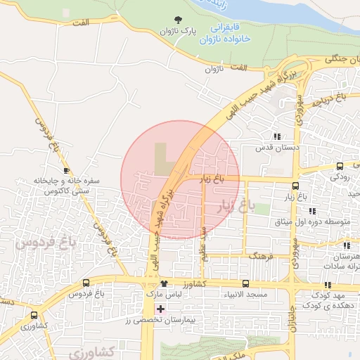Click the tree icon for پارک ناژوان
176,20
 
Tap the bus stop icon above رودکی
340,166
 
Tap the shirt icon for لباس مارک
164,284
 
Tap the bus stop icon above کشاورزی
34,315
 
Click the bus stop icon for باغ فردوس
86,283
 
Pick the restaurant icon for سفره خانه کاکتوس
66,170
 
